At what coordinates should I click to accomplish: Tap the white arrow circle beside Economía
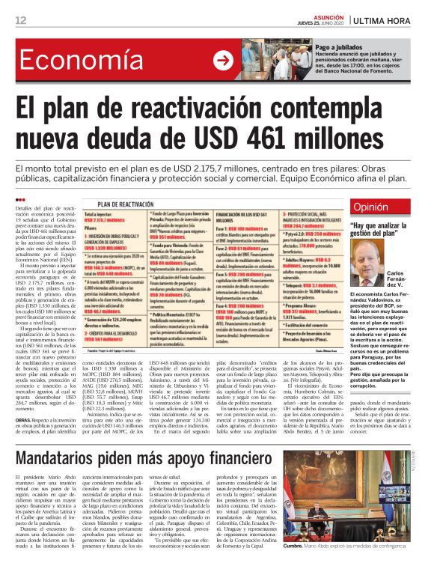coord(222,61)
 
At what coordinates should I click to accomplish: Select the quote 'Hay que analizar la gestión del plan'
coord(385,230)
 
